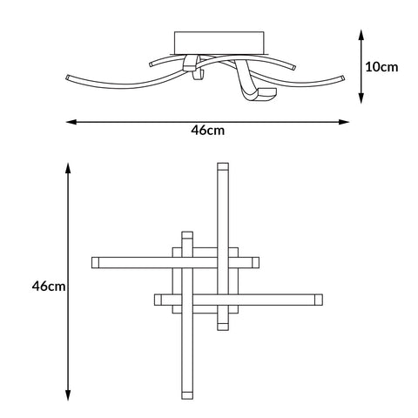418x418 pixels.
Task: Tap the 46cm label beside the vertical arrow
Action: (x=48, y=285)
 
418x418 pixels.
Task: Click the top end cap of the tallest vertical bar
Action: (x=223, y=165)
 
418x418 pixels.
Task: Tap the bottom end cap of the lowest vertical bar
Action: (x=186, y=396)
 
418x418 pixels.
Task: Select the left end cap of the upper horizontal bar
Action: (x=96, y=261)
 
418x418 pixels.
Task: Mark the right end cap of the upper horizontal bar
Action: (x=255, y=261)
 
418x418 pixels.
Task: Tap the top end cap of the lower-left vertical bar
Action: (x=186, y=235)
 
